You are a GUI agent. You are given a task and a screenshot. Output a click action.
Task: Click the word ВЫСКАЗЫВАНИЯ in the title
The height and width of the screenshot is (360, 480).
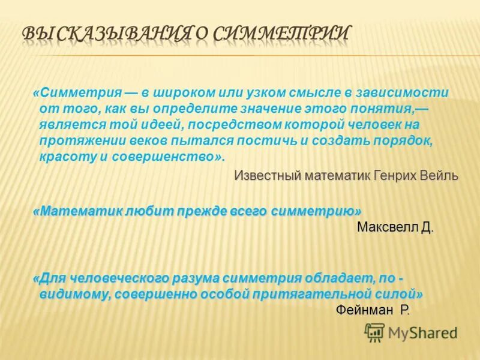(106, 34)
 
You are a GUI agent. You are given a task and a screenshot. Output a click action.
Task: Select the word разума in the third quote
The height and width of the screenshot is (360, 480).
(193, 278)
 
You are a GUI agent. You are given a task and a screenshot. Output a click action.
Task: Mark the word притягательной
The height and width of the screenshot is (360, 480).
(311, 294)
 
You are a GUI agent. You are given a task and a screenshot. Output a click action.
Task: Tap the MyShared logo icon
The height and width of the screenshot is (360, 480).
(374, 331)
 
